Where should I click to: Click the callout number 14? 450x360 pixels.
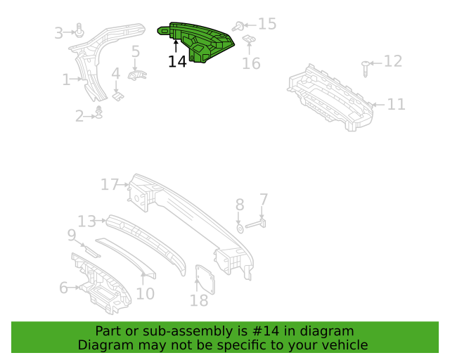coord(177,62)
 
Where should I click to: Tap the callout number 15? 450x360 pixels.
coord(267,25)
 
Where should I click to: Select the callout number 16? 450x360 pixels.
coord(251,64)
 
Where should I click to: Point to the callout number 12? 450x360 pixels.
coord(392,62)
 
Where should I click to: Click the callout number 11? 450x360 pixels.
coord(397,105)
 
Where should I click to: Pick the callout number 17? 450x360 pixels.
coord(110,185)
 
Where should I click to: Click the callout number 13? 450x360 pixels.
coord(86,221)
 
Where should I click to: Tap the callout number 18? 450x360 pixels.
coord(199,301)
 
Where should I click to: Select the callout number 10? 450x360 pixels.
coord(145,294)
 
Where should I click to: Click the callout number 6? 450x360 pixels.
coord(63,287)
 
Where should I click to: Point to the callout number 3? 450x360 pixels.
coord(59,32)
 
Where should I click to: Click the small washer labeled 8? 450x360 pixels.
coord(240,229)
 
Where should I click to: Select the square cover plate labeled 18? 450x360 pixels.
coord(205,281)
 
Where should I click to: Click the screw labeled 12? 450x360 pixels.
coord(366,68)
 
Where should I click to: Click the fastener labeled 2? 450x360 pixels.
coord(99,112)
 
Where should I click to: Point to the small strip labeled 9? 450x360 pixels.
coord(91,250)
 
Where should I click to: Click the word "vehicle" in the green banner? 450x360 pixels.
coord(341,345)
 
